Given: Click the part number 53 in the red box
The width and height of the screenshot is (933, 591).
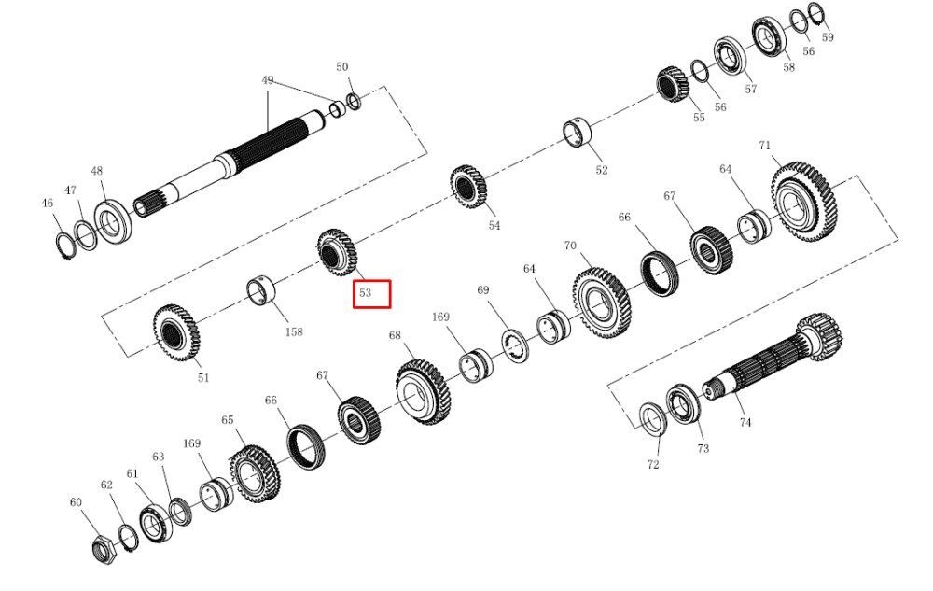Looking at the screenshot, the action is click(365, 293).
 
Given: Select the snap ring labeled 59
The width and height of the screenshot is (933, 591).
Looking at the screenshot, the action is click(815, 13).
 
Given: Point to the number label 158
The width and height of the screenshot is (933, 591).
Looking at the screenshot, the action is click(294, 332).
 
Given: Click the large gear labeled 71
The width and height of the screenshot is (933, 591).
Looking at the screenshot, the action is click(803, 202).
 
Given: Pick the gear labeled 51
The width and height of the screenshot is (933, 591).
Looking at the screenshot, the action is click(176, 331).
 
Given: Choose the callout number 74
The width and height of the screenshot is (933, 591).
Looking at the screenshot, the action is click(745, 422).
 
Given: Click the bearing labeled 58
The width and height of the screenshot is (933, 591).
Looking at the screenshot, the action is click(769, 37).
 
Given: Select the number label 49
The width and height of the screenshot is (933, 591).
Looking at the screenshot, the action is click(268, 80).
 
